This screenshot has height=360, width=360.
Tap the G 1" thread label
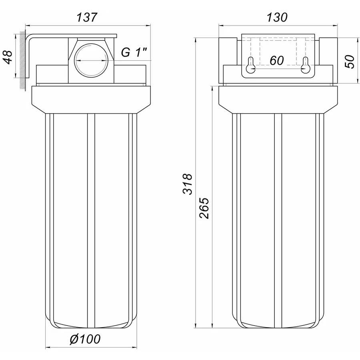click(134, 52)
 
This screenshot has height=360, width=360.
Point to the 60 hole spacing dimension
click(276, 61)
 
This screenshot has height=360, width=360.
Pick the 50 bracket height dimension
click(350, 61)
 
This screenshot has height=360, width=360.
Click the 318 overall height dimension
click(188, 184)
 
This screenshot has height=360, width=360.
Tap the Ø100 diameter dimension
click(85, 339)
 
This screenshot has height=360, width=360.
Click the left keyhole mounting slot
click(251, 65)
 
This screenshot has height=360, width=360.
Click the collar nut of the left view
click(91, 99)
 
